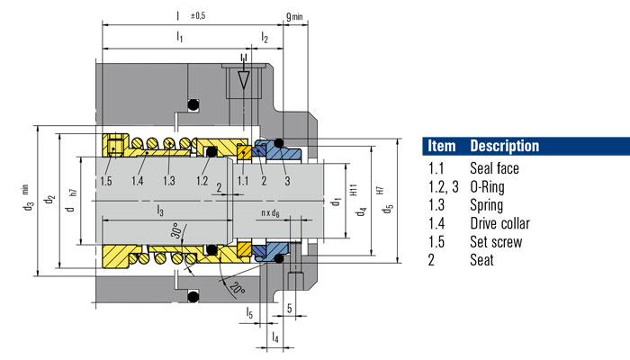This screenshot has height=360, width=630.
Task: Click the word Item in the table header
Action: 442,146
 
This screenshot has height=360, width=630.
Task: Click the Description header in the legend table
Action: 504,146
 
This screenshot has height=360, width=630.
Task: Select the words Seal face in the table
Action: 495,168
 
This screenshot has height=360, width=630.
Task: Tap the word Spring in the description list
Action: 488,205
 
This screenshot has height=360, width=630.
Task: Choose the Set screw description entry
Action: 496,242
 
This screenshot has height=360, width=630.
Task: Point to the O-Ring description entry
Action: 490,187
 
